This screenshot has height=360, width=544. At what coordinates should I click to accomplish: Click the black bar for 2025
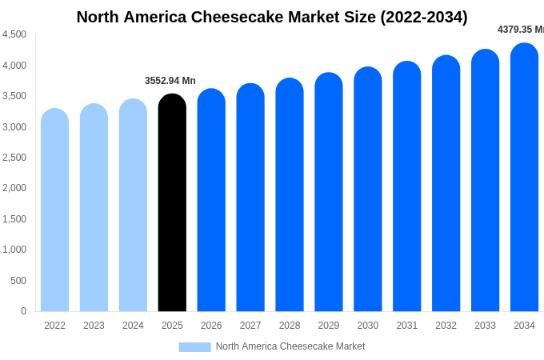172,204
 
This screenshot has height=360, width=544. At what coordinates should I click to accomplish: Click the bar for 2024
133,206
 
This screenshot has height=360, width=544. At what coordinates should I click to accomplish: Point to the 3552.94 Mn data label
170,81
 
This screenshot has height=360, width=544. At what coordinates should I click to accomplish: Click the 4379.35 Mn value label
520,30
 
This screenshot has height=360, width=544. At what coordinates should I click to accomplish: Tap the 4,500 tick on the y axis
14,34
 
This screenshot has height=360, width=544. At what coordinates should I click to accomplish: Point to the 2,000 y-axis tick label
14,188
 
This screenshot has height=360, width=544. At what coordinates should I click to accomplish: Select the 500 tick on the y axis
18,281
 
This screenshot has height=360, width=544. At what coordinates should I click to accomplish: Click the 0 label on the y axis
23,311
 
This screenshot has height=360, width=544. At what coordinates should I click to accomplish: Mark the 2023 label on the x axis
94,326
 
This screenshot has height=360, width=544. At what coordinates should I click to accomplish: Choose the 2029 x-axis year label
329,326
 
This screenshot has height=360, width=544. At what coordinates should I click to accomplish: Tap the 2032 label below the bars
446,326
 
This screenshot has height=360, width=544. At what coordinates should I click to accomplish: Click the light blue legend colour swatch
194,347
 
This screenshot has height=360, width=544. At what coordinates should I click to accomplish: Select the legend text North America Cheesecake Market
290,346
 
